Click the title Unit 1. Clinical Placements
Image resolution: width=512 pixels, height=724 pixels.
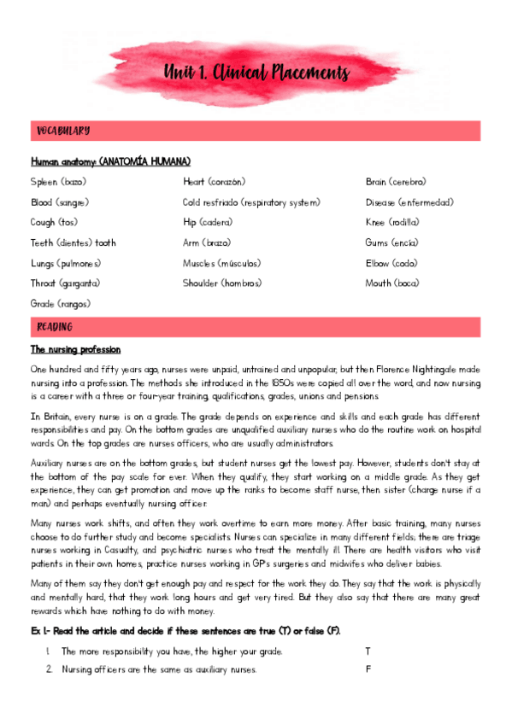pyautogui.click(x=256, y=73)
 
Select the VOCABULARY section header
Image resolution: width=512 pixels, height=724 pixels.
pyautogui.click(x=63, y=131)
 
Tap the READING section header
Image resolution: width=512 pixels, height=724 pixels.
pyautogui.click(x=55, y=327)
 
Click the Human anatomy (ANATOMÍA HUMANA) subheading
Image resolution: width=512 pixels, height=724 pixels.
pyautogui.click(x=110, y=161)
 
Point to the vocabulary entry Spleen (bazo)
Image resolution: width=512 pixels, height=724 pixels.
pyautogui.click(x=58, y=182)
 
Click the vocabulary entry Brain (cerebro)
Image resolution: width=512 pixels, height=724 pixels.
pyautogui.click(x=395, y=182)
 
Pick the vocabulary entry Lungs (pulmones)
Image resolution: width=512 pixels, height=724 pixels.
pyautogui.click(x=66, y=263)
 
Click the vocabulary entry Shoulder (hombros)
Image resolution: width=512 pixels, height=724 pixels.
pyautogui.click(x=221, y=283)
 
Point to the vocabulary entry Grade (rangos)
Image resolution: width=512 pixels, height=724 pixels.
pyautogui.click(x=61, y=304)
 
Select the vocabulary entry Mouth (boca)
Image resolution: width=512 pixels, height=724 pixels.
pyautogui.click(x=391, y=283)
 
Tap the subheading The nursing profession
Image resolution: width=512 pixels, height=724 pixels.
pyautogui.click(x=75, y=350)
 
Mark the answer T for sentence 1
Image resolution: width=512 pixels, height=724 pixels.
pyautogui.click(x=368, y=651)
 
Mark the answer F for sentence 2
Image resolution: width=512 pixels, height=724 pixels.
pyautogui.click(x=368, y=669)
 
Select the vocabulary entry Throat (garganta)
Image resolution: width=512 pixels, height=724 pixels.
pyautogui.click(x=65, y=283)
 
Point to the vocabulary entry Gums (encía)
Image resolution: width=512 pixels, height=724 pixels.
pyautogui.click(x=391, y=242)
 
